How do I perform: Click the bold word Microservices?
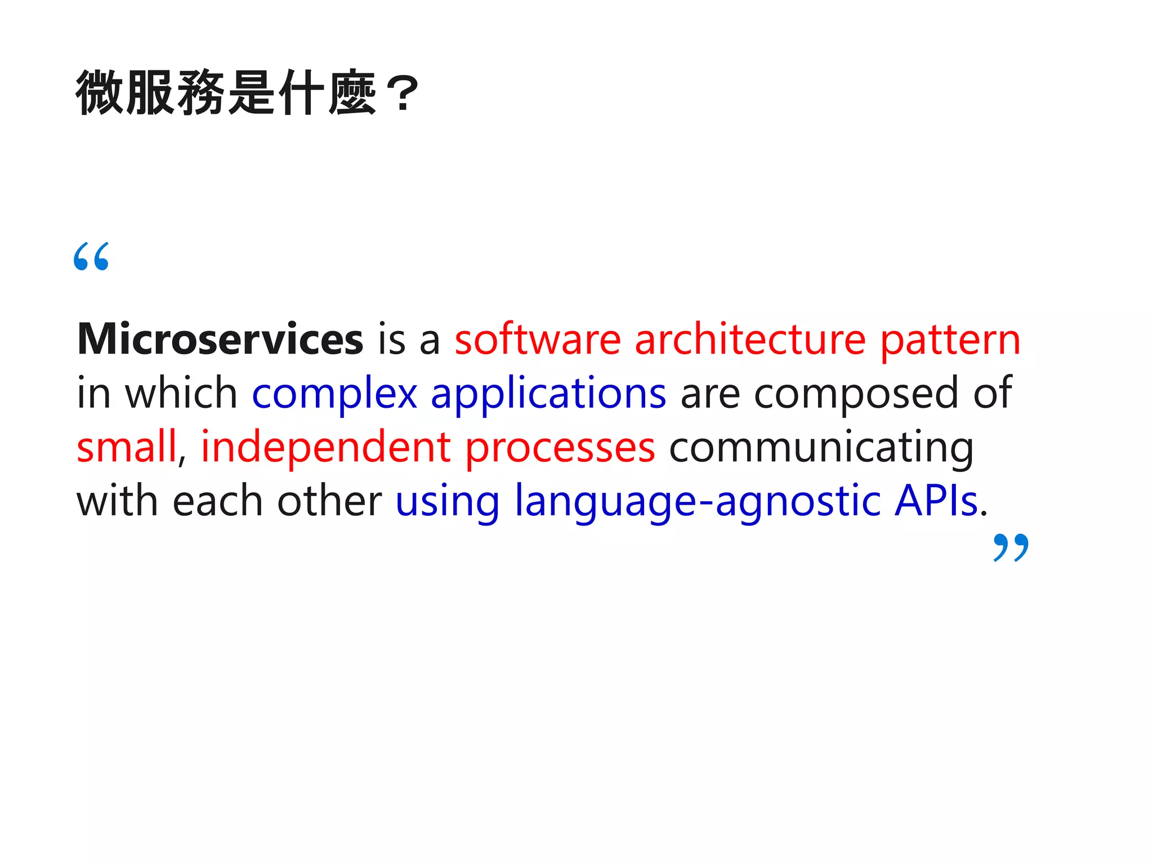point(220,340)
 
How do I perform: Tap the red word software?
point(538,340)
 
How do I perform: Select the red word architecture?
point(750,340)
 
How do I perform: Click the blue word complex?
point(334,394)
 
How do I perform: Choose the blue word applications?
point(548,394)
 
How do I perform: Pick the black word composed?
point(856,394)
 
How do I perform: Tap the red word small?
point(127,447)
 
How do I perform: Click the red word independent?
point(326,447)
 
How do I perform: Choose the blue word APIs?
point(936,500)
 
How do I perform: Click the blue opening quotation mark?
point(91,256)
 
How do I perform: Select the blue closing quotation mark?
point(1011,547)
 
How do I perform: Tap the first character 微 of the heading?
point(100,93)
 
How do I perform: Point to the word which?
point(181,393)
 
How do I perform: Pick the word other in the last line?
point(329,501)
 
